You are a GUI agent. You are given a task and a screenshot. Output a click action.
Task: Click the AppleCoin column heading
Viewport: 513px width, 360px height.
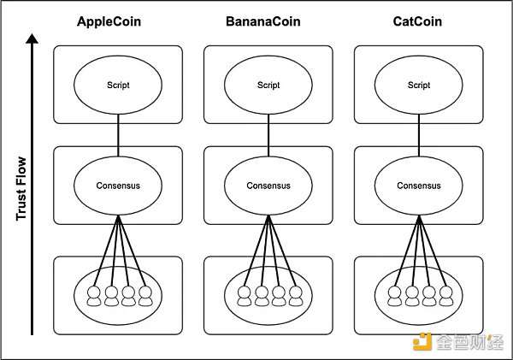(118, 23)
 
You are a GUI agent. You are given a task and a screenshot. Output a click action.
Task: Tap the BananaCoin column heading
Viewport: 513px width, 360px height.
(268, 23)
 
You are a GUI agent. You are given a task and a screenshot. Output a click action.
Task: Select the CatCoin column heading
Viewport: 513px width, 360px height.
(419, 23)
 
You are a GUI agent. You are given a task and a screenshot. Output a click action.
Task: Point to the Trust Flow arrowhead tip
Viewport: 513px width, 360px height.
(32, 35)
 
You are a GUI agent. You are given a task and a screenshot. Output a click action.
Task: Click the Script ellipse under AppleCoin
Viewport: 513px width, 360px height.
(118, 85)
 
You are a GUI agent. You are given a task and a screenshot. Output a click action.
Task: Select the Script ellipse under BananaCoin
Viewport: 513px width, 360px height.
(268, 85)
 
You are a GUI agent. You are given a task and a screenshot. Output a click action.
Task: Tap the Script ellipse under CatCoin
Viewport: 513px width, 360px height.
(419, 85)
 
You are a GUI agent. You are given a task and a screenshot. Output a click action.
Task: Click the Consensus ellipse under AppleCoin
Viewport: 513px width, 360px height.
(118, 185)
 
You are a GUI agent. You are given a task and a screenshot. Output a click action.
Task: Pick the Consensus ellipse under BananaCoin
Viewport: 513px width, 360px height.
(268, 185)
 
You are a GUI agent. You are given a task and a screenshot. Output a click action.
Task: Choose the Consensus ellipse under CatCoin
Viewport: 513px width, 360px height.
(419, 185)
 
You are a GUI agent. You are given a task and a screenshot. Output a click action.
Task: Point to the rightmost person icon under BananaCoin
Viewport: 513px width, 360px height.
(295, 294)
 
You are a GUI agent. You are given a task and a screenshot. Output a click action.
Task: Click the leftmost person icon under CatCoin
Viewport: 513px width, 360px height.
(395, 294)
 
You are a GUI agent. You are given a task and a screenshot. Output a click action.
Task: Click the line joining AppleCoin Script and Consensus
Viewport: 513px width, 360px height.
(118, 134)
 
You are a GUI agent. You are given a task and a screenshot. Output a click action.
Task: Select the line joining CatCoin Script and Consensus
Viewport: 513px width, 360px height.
(419, 134)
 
